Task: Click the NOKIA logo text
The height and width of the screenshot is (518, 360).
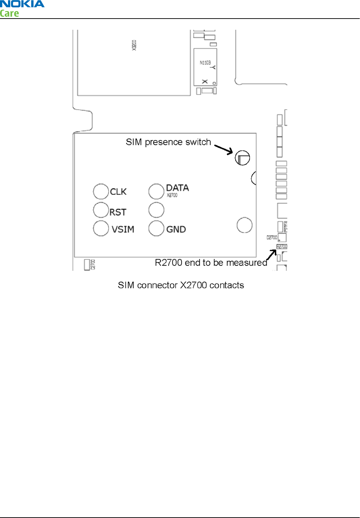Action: [x=22, y=4]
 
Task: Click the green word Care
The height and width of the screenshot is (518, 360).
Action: [x=9, y=14]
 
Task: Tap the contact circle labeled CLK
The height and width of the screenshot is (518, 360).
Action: [x=101, y=191]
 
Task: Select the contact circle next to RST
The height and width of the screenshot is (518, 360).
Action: [x=101, y=210]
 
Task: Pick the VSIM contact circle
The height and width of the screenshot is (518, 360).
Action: [x=101, y=228]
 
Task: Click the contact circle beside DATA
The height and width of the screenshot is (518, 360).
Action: [x=156, y=191]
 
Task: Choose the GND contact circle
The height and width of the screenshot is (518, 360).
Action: [x=156, y=228]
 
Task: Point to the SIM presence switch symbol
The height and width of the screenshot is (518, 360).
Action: [x=242, y=158]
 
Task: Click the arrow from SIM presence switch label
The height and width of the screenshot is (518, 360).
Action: [x=224, y=150]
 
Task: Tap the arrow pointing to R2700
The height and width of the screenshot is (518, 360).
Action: [x=272, y=255]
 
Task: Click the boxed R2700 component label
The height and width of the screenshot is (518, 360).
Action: [x=282, y=247]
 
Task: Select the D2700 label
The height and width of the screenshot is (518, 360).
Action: [x=272, y=237]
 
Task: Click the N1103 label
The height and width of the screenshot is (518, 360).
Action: [x=205, y=63]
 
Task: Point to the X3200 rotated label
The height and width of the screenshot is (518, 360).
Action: [x=134, y=45]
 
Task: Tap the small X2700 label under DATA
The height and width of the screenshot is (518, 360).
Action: [x=172, y=195]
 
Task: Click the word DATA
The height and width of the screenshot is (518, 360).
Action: [x=177, y=188]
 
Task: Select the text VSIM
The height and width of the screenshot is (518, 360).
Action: [x=123, y=229]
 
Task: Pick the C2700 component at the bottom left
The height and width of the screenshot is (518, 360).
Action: [x=87, y=264]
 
